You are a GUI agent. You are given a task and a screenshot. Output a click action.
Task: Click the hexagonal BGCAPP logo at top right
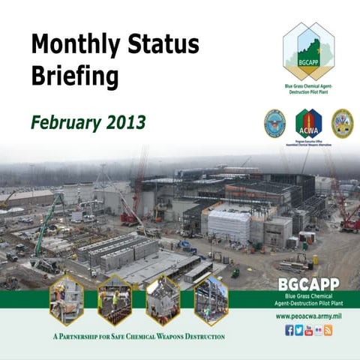(x=308, y=51)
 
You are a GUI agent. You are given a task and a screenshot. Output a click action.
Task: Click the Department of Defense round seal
(x=274, y=122)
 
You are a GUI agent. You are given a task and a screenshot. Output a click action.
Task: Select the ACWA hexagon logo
(x=308, y=122)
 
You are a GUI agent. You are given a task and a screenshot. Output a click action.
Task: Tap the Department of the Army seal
(x=342, y=122)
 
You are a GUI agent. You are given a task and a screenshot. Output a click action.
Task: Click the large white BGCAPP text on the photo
(x=307, y=284)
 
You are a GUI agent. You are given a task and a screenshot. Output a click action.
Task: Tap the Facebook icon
(x=289, y=330)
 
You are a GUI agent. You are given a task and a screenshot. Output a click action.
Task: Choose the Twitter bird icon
(x=299, y=330)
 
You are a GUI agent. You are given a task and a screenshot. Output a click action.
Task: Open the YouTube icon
(x=309, y=330)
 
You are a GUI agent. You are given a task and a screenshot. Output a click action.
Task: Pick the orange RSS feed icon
(x=328, y=330)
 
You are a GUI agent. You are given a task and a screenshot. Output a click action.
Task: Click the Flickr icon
(x=319, y=330)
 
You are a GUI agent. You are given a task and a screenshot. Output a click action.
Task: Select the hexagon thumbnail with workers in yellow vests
(x=114, y=300)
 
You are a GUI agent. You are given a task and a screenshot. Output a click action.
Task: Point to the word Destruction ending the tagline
(x=200, y=337)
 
